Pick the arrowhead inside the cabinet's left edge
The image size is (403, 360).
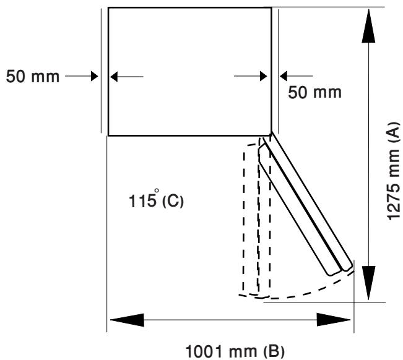click(x=116, y=77)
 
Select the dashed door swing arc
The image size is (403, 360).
click(x=310, y=293)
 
